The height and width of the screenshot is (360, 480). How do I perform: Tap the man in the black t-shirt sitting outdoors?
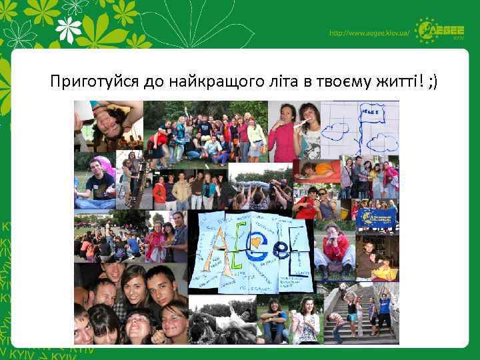click(94, 181)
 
